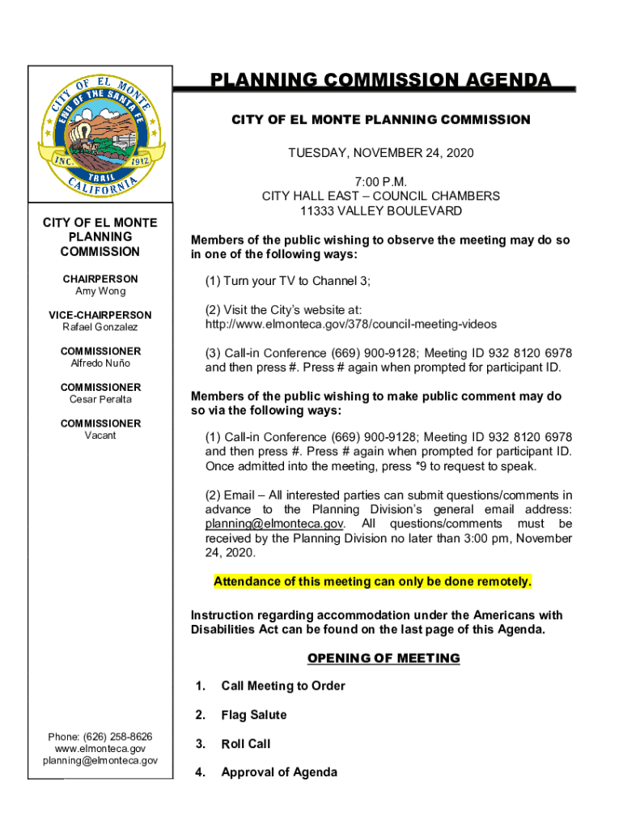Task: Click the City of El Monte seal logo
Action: pyautogui.click(x=101, y=134)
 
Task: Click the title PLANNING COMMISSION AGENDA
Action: pyautogui.click(x=381, y=80)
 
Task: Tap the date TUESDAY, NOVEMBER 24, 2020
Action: pyautogui.click(x=381, y=153)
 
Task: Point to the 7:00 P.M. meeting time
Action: pyautogui.click(x=381, y=181)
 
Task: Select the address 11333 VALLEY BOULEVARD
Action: pyautogui.click(x=381, y=211)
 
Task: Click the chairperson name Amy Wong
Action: pyautogui.click(x=100, y=291)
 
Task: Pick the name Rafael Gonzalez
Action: pyautogui.click(x=100, y=327)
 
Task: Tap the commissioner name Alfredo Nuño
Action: pyautogui.click(x=100, y=363)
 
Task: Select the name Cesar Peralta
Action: pyautogui.click(x=100, y=399)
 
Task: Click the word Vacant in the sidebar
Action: pyautogui.click(x=100, y=436)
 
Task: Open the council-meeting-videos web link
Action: pyautogui.click(x=351, y=324)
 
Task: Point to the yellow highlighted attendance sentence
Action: pyautogui.click(x=373, y=581)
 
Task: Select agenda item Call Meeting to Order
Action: pyautogui.click(x=283, y=686)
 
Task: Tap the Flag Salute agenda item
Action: pyautogui.click(x=254, y=715)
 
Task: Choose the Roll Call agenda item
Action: pyautogui.click(x=246, y=743)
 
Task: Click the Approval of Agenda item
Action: pyautogui.click(x=279, y=772)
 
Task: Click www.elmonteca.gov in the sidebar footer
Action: pyautogui.click(x=100, y=749)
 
